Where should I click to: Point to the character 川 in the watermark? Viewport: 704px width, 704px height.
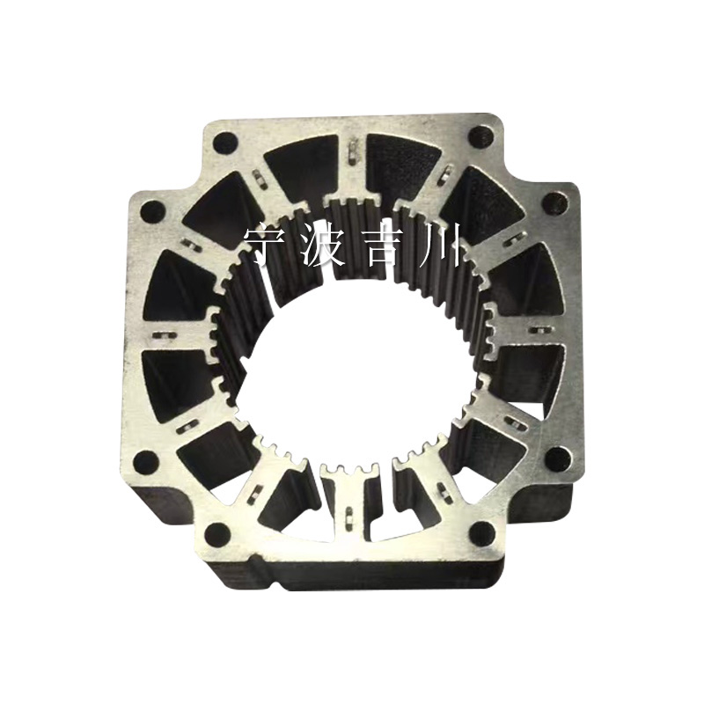point(436,246)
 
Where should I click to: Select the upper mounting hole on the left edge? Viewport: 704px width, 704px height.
point(152,210)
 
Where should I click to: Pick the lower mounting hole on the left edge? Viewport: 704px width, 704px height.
point(147,460)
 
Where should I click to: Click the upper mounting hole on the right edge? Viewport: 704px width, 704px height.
point(555,204)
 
